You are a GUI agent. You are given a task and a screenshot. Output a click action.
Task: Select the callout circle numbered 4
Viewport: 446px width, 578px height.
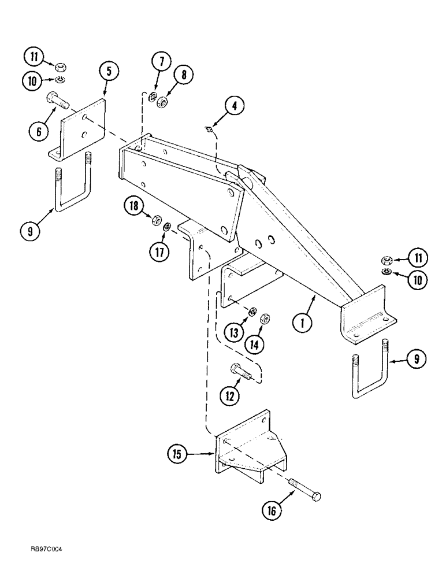[x=234, y=106]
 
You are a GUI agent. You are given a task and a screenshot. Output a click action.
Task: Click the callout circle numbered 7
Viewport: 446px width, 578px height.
[x=160, y=62]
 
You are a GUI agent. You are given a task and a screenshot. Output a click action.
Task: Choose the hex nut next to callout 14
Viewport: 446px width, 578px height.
[x=266, y=318]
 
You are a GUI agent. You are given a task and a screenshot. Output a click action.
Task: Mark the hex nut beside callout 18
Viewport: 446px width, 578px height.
[x=155, y=221]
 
